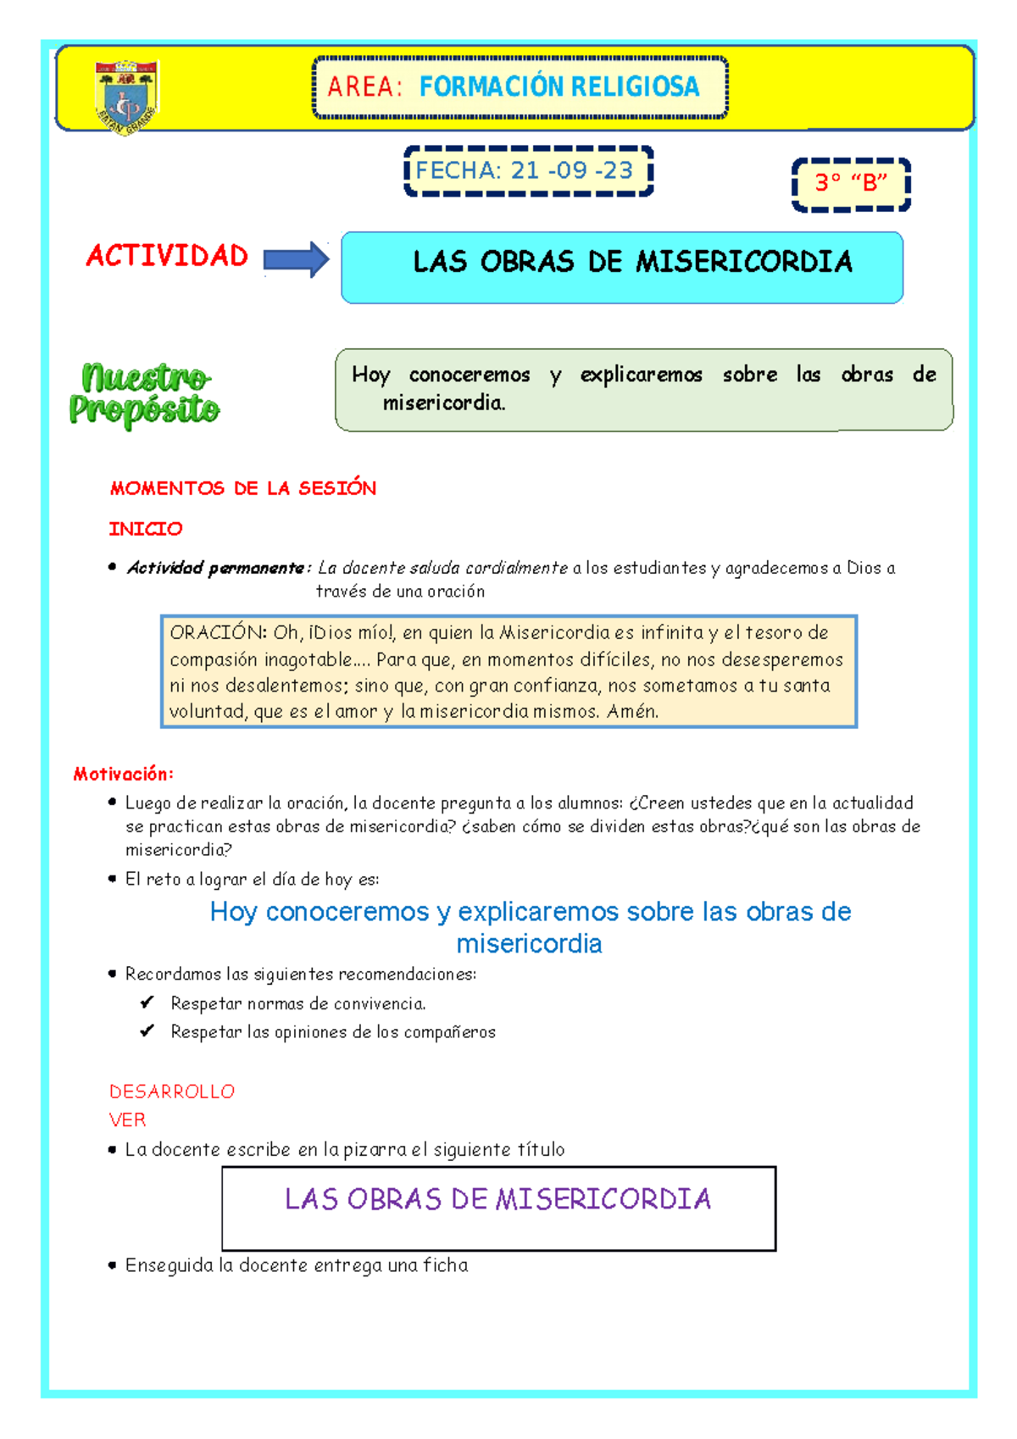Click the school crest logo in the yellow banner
pyautogui.click(x=126, y=96)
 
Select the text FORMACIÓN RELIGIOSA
pyautogui.click(x=559, y=86)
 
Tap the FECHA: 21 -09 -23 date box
pyautogui.click(x=527, y=171)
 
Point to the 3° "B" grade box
pyautogui.click(x=851, y=183)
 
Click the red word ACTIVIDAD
pyautogui.click(x=167, y=256)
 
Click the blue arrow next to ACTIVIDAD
pyautogui.click(x=296, y=259)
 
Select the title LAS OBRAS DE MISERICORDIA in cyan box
pyautogui.click(x=632, y=262)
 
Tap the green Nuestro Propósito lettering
pyautogui.click(x=144, y=393)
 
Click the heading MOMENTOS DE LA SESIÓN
pyautogui.click(x=243, y=488)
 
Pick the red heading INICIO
pyautogui.click(x=146, y=529)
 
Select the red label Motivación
pyautogui.click(x=123, y=774)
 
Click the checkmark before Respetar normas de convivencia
pyautogui.click(x=147, y=1003)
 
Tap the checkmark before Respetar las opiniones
pyautogui.click(x=147, y=1031)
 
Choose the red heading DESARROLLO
pyautogui.click(x=172, y=1092)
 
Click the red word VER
pyautogui.click(x=127, y=1120)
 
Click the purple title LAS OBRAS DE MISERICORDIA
pyautogui.click(x=497, y=1198)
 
